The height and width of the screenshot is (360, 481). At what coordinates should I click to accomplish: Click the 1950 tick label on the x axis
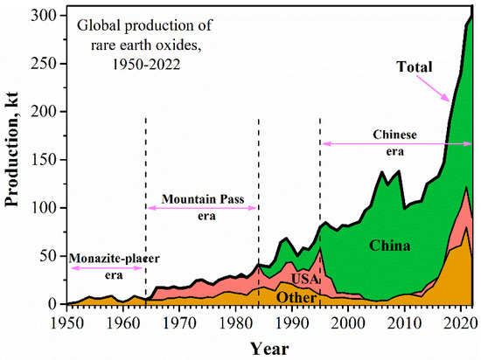click(x=68, y=321)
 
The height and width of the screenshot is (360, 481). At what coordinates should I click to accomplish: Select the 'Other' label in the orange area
click(x=295, y=297)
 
